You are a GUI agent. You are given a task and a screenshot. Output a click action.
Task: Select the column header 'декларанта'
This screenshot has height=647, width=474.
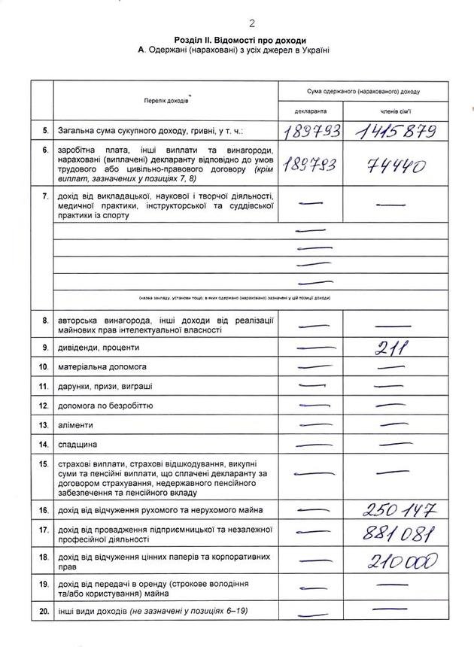pos(309,111)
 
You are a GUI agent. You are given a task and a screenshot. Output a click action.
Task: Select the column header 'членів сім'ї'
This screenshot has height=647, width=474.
pos(397,111)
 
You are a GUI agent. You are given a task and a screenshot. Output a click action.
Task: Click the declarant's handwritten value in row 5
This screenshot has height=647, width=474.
pos(311,132)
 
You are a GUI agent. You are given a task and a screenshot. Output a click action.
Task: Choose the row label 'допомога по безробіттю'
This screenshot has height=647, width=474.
pos(105,406)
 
